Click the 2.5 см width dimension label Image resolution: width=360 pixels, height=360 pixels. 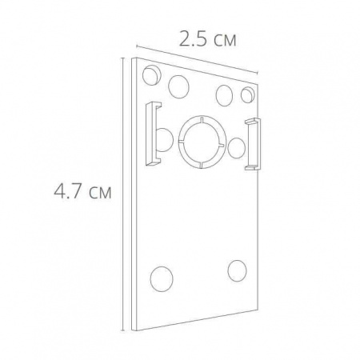207,39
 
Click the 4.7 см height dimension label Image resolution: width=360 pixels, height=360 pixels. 82,190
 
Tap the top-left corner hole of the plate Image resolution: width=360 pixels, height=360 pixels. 152,75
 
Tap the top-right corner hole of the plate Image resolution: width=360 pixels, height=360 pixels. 248,94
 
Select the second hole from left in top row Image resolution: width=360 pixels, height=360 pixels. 178,86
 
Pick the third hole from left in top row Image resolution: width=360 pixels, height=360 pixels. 224,95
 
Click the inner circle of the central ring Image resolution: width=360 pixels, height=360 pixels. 202,142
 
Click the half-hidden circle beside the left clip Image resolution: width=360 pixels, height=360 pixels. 166,140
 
